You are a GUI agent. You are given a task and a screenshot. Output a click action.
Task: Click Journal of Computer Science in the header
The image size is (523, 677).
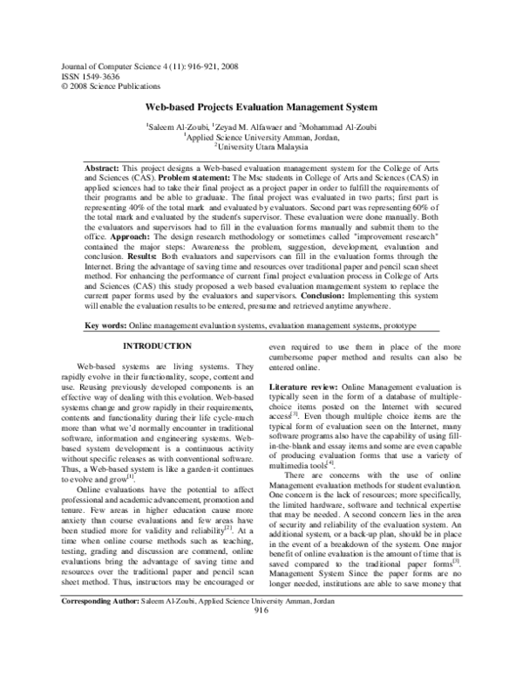109,67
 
